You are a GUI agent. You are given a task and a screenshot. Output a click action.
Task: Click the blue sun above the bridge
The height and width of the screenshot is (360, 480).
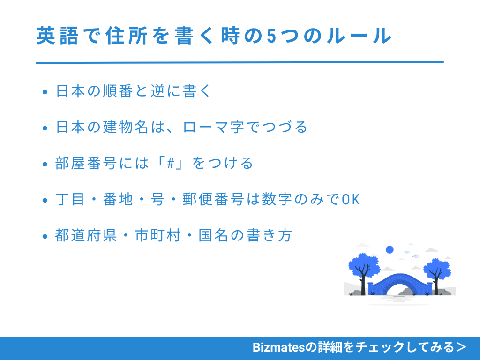[x=389, y=249]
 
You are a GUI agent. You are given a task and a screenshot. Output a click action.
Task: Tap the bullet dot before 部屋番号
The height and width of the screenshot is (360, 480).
[x=45, y=165]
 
